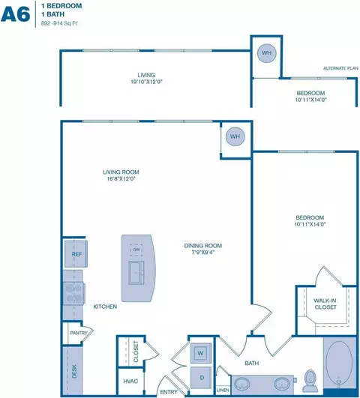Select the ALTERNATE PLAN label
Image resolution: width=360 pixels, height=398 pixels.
coord(340,68)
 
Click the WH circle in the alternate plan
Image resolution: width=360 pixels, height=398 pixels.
coord(265,53)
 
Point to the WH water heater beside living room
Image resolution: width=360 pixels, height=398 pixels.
coord(235,136)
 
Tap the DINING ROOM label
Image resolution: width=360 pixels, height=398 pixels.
coord(204,249)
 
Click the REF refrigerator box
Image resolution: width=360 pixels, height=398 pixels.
coord(76,255)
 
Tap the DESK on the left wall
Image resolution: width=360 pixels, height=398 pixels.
coord(73,370)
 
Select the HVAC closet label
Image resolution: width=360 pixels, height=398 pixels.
coord(130,382)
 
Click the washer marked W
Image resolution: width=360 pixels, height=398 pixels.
coord(201,352)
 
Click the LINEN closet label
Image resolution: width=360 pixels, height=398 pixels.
coord(223,390)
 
